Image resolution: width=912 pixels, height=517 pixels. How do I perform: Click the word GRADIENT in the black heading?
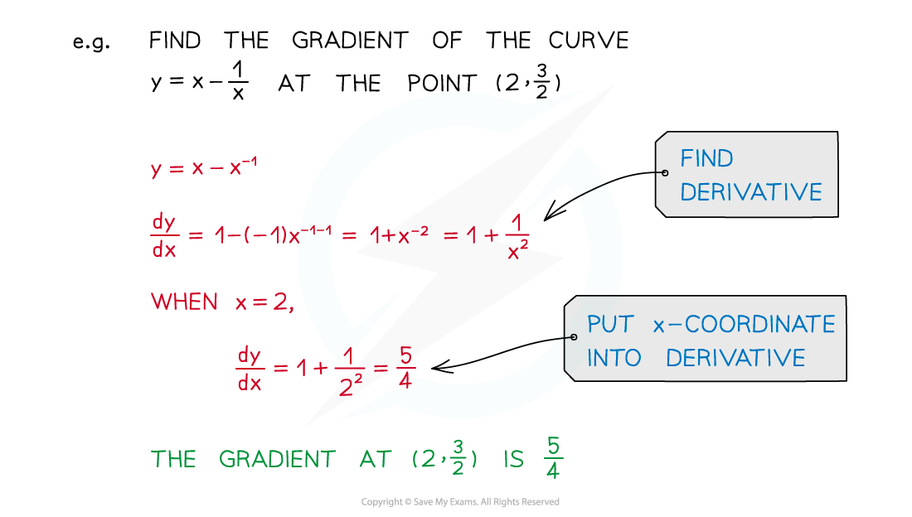[x=350, y=40]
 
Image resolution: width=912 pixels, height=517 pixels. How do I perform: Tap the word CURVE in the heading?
[x=589, y=40]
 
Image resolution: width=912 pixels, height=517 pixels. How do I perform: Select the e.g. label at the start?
[x=91, y=42]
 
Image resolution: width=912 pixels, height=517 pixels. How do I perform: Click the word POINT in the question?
[x=442, y=83]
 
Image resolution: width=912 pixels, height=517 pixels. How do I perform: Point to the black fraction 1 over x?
[x=237, y=81]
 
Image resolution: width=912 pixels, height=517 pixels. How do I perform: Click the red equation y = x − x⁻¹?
[x=204, y=167]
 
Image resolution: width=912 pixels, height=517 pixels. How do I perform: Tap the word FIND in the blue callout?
[x=706, y=158]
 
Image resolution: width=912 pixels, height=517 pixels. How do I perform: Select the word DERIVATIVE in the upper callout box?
[x=751, y=192]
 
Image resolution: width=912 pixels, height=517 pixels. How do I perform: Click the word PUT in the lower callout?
[x=610, y=324]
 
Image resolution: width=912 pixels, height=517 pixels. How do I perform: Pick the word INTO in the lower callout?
[x=614, y=358]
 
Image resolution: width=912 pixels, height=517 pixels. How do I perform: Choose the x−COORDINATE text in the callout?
[x=744, y=324]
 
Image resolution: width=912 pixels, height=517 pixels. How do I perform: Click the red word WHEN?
[x=184, y=302]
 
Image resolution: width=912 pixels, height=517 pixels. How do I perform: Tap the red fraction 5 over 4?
[x=405, y=368]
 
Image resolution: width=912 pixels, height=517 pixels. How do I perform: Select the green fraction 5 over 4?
[x=553, y=458]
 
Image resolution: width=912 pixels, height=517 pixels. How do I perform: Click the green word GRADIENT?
[x=278, y=459]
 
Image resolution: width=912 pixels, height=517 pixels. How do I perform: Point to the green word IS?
[x=513, y=459]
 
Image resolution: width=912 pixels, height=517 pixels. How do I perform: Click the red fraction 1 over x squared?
[x=517, y=237]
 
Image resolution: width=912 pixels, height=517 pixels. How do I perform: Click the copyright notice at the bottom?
[x=460, y=502]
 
